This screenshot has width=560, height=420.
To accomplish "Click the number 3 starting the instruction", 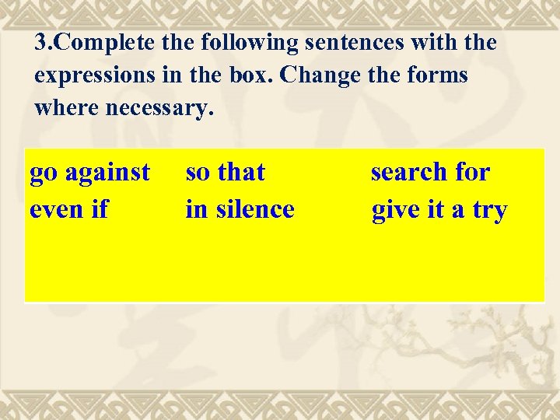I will (x=40, y=43).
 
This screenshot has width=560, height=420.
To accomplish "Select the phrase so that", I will (x=225, y=172).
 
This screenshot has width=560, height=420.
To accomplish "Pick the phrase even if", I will (x=68, y=209).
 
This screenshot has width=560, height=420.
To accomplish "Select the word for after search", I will (x=473, y=172).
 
